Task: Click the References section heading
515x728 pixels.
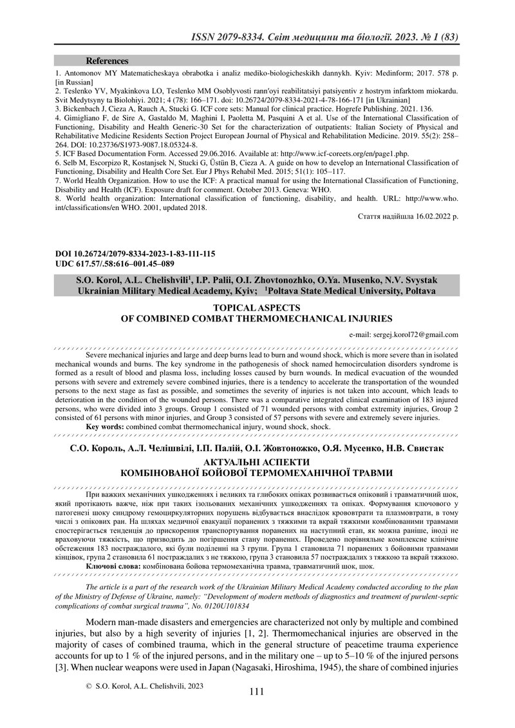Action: point(107,61)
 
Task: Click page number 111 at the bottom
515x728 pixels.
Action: point(256,691)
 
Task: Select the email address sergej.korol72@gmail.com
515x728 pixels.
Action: point(404,334)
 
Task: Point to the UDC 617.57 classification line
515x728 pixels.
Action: point(115,263)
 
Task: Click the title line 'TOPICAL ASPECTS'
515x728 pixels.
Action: point(256,309)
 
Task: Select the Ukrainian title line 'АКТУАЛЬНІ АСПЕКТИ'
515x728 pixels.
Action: point(256,463)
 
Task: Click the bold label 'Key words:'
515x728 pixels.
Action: point(107,426)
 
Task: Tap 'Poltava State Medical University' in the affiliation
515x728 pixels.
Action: point(351,291)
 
